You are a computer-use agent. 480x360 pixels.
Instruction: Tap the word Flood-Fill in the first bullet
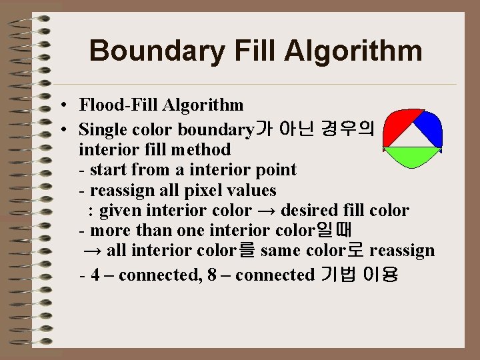(x=114, y=105)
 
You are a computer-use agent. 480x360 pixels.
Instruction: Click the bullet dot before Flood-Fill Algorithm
(x=61, y=105)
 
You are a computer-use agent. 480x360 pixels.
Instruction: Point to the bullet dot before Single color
(x=61, y=129)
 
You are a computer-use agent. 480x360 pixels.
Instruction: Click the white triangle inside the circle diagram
(x=413, y=136)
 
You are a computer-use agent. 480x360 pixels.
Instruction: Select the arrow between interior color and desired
(x=267, y=211)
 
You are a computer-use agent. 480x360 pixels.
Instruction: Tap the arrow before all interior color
(x=93, y=251)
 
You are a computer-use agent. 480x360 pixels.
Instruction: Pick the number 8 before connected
(x=211, y=275)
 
